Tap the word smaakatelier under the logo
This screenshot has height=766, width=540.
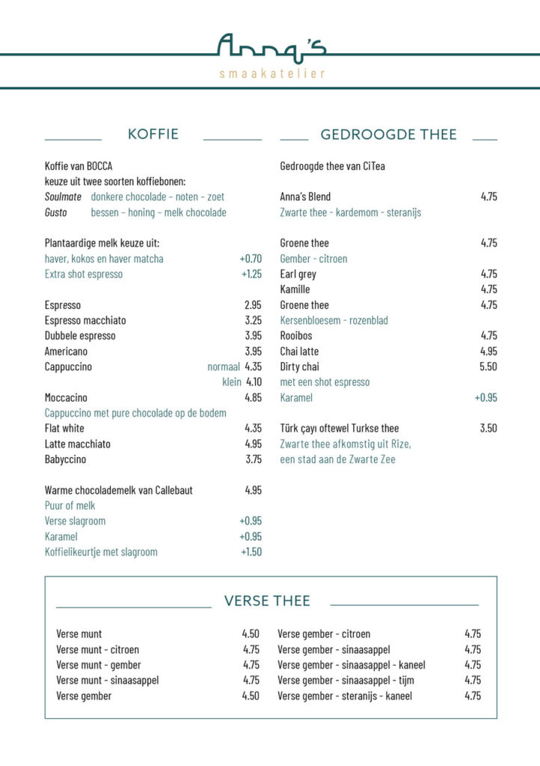pos(271,73)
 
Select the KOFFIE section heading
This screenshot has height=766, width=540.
pos(153,134)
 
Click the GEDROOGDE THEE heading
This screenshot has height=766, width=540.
pos(388,135)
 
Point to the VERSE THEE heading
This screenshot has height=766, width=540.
pos(267,601)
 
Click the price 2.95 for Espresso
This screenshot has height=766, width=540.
pos(253,305)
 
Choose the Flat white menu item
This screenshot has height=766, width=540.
pos(64,429)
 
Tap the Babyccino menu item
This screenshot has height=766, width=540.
pos(65,459)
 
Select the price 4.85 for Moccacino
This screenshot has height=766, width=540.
pos(253,398)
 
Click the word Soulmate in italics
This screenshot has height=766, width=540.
pos(63,197)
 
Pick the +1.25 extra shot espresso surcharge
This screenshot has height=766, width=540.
pos(251,274)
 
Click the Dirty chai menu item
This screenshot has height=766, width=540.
pos(299,367)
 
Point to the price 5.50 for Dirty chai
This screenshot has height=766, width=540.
pos(488,367)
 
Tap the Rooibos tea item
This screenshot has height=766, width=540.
pos(296,336)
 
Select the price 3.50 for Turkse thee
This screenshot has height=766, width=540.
pos(488,429)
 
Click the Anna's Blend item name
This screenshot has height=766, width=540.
pos(305,197)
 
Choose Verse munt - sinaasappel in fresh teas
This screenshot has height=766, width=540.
pos(107,680)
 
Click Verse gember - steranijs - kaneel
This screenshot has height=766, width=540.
pos(344,696)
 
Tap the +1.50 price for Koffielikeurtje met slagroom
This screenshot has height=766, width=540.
pos(251,552)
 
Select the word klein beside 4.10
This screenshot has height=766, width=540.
pos(232,382)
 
